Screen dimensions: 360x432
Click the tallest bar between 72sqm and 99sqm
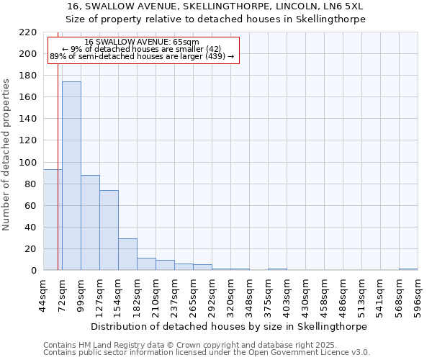pos(71,176)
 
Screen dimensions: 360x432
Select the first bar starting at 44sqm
pos(53,220)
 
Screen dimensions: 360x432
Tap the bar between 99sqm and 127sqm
pos(90,222)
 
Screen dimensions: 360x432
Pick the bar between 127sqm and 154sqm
pos(109,230)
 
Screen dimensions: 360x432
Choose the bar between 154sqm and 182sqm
pos(127,254)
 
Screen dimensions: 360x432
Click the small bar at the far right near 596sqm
pos(408,269)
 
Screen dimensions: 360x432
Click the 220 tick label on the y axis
pos(28,32)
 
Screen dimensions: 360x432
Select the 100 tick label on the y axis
pos(28,162)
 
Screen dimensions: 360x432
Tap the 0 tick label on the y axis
pos(33,271)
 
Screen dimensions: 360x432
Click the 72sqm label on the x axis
pos(63,294)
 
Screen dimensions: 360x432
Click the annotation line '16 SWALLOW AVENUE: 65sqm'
pos(142,42)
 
